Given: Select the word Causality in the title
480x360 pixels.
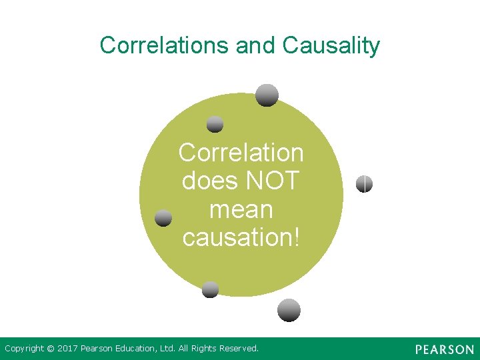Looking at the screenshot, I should coord(331,45).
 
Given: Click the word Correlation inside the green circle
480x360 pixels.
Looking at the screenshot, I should coord(241,153).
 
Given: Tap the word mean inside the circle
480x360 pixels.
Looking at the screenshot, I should coord(241,209).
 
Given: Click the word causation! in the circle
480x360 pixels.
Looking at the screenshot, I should coord(241,237).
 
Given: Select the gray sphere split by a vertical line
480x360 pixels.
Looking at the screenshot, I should coord(364,184).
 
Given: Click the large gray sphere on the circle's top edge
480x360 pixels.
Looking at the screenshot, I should coord(267,95).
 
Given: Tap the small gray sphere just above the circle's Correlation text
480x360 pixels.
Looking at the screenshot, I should coord(215,124).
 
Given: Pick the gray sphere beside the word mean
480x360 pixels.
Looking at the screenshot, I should coord(163,218).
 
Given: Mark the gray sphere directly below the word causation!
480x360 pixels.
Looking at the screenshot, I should coord(210,289).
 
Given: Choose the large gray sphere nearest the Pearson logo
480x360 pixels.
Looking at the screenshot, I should coord(289,310).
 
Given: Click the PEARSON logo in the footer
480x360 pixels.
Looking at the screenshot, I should coord(444,349).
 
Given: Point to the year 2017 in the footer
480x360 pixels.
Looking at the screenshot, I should coord(68,349).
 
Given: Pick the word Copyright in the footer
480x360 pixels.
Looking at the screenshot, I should coord(24,349).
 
